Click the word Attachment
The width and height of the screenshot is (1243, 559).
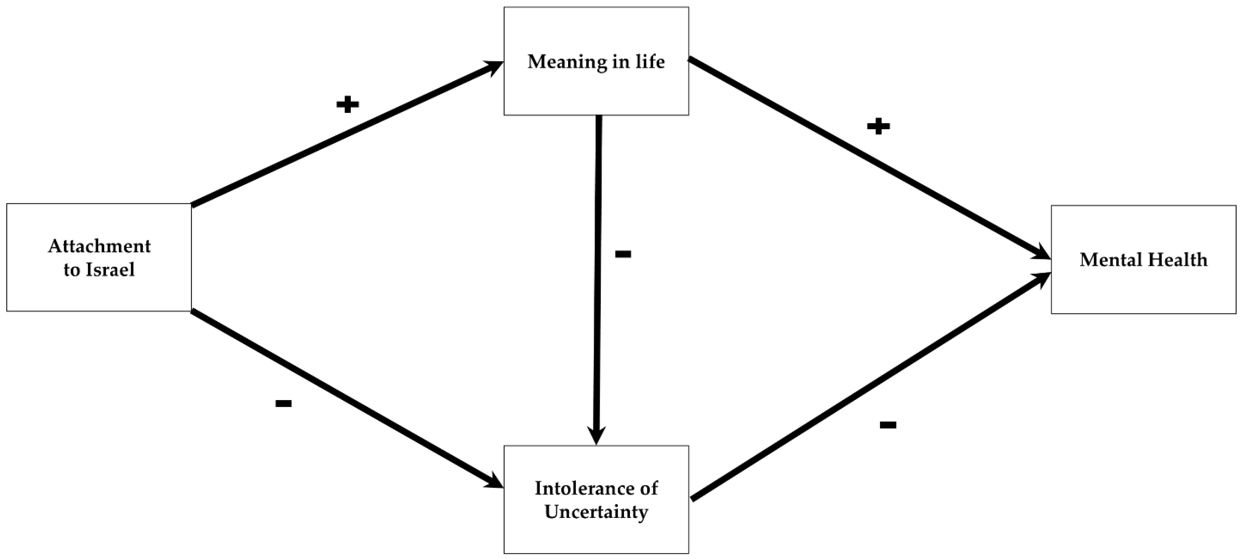click(99, 246)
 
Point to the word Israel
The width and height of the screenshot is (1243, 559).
click(110, 269)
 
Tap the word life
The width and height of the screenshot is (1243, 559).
click(650, 62)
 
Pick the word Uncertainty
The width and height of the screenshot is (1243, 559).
click(596, 512)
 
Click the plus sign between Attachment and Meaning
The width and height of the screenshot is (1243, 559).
click(348, 104)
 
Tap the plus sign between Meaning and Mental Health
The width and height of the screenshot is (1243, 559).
click(878, 127)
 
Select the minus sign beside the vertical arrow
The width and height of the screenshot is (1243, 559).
click(623, 254)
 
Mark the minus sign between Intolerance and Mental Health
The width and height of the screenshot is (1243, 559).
click(888, 425)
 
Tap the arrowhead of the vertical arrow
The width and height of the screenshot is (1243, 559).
click(596, 435)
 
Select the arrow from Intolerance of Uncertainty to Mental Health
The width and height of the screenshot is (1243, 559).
click(869, 386)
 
